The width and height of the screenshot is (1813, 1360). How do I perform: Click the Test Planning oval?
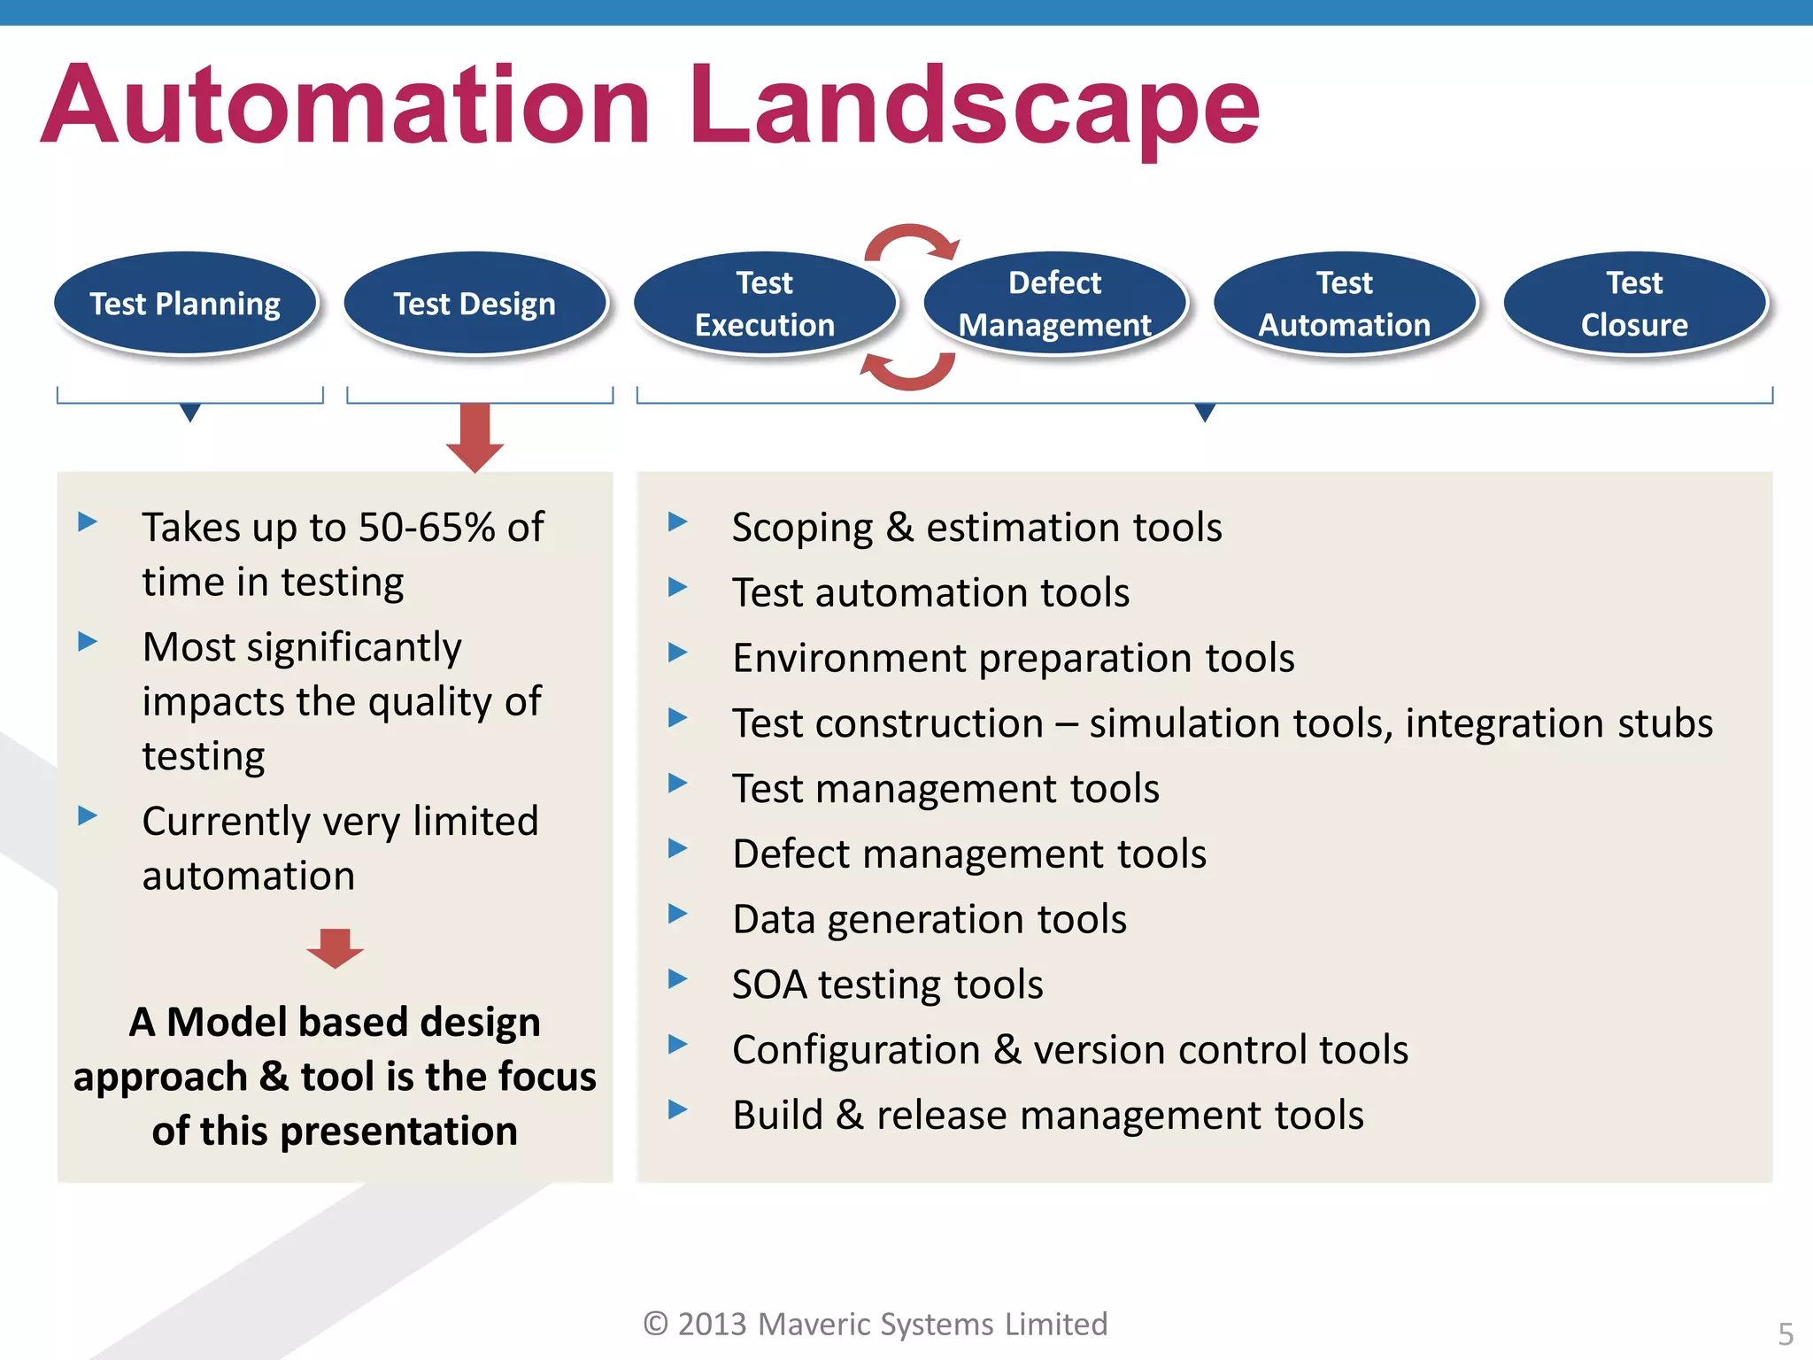pyautogui.click(x=185, y=304)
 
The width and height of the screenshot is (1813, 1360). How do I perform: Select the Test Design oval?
pyautogui.click(x=474, y=304)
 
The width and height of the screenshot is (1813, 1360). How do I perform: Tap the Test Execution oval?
pyautogui.click(x=764, y=304)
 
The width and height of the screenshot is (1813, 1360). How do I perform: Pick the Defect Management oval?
pyautogui.click(x=1054, y=304)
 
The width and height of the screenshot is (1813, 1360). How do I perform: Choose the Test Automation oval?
pyautogui.click(x=1344, y=304)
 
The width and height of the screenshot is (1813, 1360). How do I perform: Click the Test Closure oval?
pyautogui.click(x=1634, y=304)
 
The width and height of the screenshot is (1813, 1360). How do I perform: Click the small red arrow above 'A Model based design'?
pyautogui.click(x=335, y=948)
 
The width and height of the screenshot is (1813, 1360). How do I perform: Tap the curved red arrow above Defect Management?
pyautogui.click(x=912, y=241)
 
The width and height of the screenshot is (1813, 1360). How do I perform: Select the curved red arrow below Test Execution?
pyautogui.click(x=907, y=370)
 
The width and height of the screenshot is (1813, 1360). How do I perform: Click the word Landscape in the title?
pyautogui.click(x=974, y=106)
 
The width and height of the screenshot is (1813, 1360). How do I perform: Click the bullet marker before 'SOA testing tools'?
pyautogui.click(x=677, y=978)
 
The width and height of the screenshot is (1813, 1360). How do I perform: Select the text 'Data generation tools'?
pyautogui.click(x=930, y=919)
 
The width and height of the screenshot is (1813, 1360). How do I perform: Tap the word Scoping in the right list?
pyautogui.click(x=802, y=529)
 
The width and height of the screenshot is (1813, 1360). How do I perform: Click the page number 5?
pyautogui.click(x=1786, y=1333)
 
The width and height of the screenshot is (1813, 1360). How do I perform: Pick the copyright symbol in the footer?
pyautogui.click(x=655, y=1324)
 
